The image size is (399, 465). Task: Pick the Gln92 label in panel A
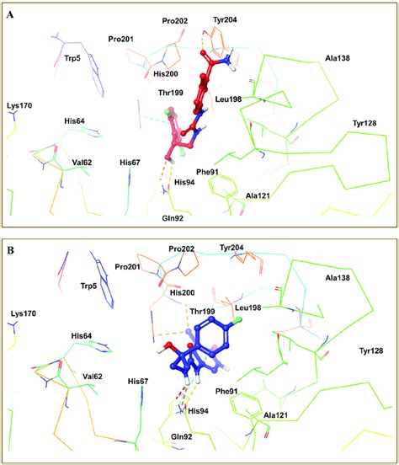click(x=173, y=217)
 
